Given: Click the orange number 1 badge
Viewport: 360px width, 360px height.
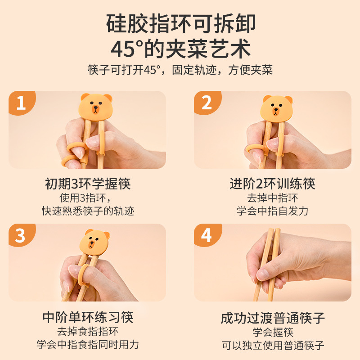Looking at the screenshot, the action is (x=21, y=102).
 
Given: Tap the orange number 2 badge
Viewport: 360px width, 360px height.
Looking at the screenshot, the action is (x=207, y=102).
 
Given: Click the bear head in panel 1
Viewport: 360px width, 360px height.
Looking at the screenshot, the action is (x=96, y=106).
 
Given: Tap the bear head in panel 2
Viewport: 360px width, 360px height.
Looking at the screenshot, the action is (x=277, y=108).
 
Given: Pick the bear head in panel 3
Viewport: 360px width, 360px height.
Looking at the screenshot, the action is (x=94, y=242).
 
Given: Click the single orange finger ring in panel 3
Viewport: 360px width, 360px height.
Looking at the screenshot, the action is (x=84, y=274).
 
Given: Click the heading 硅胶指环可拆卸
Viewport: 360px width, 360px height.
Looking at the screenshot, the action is (x=181, y=24).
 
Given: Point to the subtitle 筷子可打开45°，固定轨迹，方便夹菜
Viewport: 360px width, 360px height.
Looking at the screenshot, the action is (x=180, y=70).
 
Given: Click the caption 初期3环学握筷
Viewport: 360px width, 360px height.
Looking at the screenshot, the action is (x=88, y=184).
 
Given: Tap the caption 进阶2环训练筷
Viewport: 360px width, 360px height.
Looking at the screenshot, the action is (x=273, y=184).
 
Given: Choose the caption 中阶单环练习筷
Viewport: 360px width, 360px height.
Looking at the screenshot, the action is (x=88, y=317).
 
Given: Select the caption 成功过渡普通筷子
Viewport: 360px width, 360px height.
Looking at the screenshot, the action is (x=273, y=318).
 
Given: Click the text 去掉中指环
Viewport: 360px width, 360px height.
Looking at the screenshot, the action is (x=273, y=198).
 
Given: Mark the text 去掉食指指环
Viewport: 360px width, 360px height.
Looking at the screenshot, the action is (x=88, y=331).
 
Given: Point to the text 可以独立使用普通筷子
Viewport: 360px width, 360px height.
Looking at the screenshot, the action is (x=273, y=345).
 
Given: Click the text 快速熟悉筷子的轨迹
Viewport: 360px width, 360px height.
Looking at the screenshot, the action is (x=88, y=211).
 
